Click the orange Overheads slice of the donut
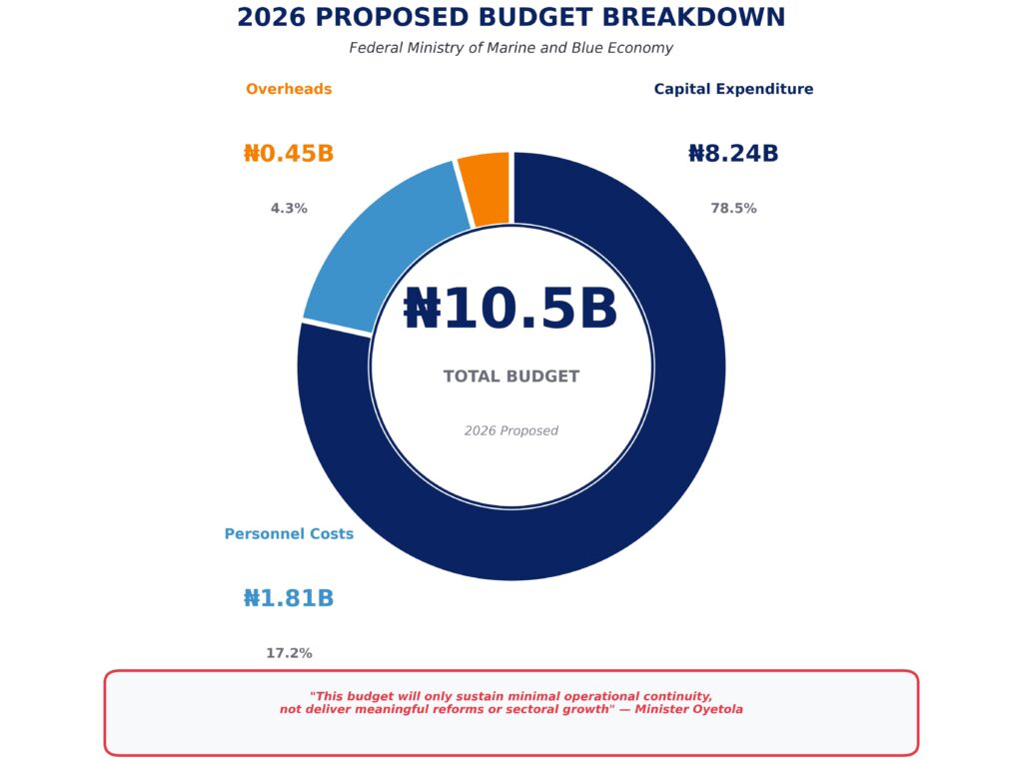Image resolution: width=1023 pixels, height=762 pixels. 487,189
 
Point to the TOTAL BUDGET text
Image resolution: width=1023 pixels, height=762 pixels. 511,377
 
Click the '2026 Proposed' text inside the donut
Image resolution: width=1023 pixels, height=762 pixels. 511,430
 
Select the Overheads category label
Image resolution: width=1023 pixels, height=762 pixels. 289,89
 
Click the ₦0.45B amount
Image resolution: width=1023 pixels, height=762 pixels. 289,154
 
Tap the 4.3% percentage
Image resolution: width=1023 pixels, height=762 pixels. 289,209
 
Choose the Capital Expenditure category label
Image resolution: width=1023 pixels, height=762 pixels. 733,89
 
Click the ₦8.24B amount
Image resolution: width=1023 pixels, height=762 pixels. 733,154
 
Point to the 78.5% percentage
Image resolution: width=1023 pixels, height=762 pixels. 733,209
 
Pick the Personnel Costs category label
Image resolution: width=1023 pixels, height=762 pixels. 289,534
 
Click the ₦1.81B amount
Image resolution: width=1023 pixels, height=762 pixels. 289,598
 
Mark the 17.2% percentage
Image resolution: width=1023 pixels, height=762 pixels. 289,653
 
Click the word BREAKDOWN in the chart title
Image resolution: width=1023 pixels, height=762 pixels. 695,18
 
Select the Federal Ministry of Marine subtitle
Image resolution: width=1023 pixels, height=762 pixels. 511,48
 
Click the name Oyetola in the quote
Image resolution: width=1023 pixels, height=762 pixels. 715,709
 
